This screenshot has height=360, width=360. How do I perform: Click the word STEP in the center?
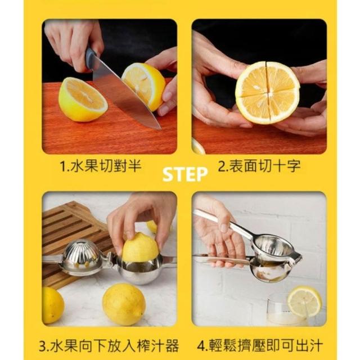[x=185, y=174]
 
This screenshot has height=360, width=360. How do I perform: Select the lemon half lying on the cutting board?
[x=83, y=100]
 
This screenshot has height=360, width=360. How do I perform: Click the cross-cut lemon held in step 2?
[x=267, y=92]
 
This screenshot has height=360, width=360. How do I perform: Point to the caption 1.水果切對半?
[x=100, y=166]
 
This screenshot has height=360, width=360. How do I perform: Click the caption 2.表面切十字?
[x=259, y=166]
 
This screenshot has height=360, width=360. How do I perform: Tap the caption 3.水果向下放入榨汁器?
[x=109, y=345]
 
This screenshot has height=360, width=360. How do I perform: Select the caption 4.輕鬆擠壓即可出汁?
[x=260, y=345]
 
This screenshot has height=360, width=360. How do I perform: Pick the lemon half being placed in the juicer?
[x=140, y=247]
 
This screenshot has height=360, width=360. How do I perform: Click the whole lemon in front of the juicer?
[x=124, y=304]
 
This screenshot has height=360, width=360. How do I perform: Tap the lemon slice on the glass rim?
[x=305, y=301]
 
